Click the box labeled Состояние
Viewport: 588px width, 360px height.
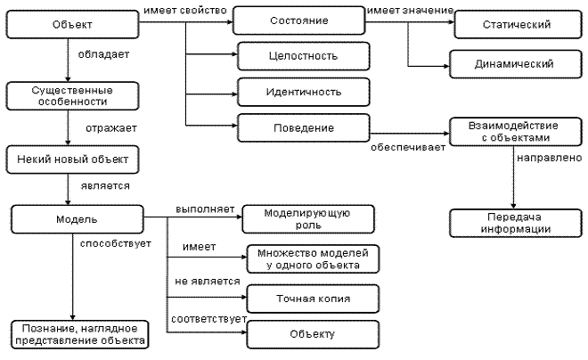tap(298, 20)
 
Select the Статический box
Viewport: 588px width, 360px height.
tap(518, 24)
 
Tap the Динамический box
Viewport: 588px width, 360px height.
tap(516, 64)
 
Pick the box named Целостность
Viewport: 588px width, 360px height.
tap(304, 56)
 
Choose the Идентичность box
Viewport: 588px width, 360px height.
tap(304, 92)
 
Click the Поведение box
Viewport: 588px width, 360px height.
tap(304, 128)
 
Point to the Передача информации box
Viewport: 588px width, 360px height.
tap(516, 223)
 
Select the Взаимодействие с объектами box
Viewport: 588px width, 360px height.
tap(516, 132)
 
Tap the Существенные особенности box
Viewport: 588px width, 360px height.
tap(72, 96)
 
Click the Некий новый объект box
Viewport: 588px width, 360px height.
tap(72, 160)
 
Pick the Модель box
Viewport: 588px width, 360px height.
tap(78, 219)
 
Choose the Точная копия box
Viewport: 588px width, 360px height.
tap(313, 299)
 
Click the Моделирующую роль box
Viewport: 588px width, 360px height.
tap(308, 219)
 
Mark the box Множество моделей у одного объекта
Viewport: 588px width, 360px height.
tap(313, 258)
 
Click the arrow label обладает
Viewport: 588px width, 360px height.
tap(103, 54)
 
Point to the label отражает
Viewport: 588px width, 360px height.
tap(111, 128)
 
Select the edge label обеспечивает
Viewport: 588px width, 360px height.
tap(408, 147)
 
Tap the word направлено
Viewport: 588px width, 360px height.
tap(550, 158)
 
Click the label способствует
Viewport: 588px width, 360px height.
tap(116, 244)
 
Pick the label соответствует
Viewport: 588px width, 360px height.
tap(208, 319)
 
